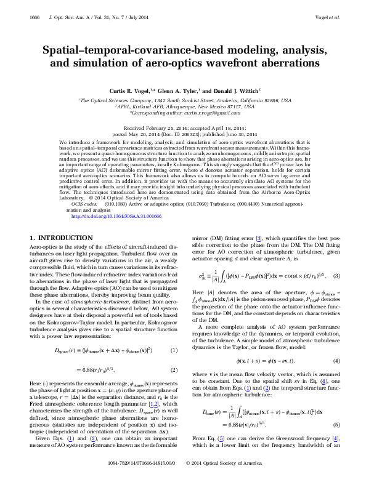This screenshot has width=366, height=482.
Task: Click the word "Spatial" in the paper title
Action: [61, 50]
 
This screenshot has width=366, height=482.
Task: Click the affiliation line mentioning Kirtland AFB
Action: [183, 106]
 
